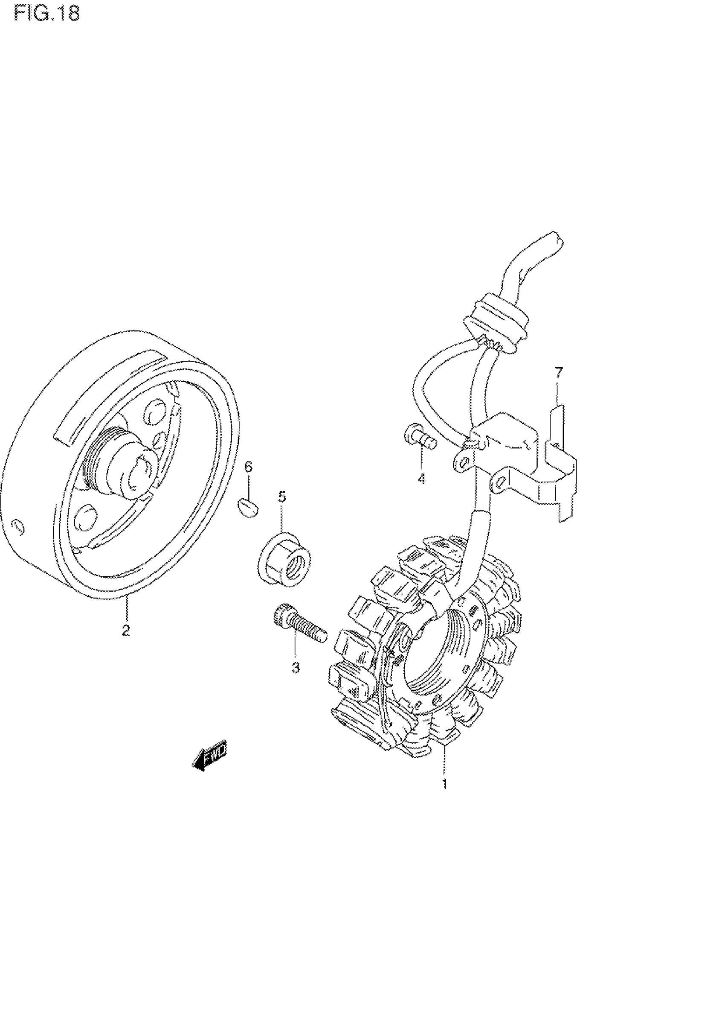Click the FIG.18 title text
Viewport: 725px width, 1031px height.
47,13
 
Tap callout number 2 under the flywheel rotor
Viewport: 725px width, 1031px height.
126,630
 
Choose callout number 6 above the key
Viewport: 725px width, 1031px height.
248,467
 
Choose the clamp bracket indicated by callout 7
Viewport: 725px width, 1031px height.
561,476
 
